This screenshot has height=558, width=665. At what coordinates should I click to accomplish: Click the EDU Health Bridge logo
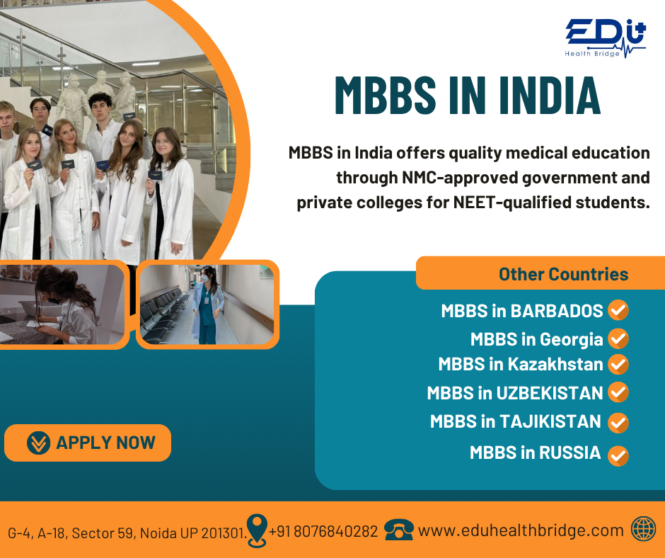(x=605, y=38)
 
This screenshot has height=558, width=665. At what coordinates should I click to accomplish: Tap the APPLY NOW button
(x=88, y=443)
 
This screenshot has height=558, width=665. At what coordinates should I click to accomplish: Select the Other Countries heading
(x=563, y=274)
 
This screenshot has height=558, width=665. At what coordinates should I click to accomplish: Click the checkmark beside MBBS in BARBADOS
(x=618, y=310)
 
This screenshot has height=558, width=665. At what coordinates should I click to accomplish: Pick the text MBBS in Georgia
(x=536, y=339)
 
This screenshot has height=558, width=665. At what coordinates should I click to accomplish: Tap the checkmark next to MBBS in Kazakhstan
(x=618, y=365)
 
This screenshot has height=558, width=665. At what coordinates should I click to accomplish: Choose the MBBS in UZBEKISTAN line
(x=515, y=393)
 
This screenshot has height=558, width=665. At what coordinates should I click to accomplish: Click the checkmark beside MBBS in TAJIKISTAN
(x=618, y=423)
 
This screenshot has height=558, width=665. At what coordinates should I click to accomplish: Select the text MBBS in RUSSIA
(x=536, y=452)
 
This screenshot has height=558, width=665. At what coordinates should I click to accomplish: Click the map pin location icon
(x=257, y=530)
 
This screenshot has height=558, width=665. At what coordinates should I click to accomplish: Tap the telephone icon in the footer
(x=399, y=530)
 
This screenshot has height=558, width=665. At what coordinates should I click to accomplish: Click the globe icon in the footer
(x=643, y=529)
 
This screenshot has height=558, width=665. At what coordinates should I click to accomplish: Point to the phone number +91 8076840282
(x=323, y=531)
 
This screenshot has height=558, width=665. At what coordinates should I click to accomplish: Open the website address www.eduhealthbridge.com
(x=521, y=530)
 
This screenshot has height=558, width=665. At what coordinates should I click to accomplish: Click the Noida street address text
(x=127, y=533)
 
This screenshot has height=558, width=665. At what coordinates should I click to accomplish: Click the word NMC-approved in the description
(x=460, y=178)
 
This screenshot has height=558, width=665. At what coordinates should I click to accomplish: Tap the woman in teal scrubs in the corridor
(x=207, y=304)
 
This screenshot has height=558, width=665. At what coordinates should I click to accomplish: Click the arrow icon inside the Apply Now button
(x=38, y=443)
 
